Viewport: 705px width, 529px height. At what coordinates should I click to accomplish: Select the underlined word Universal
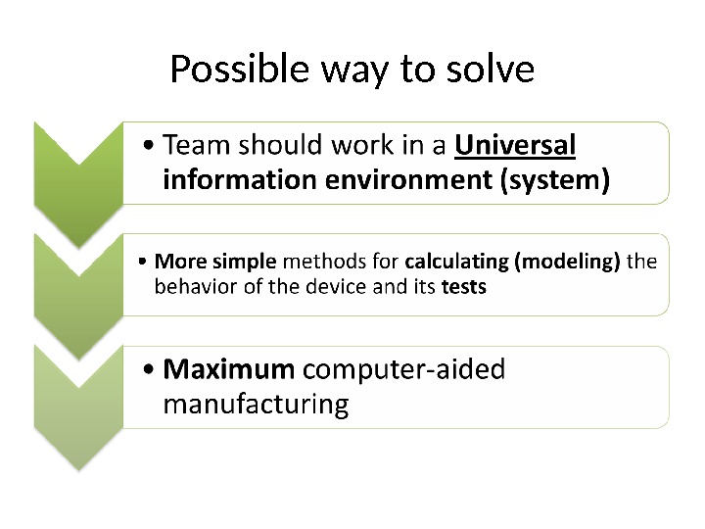516,146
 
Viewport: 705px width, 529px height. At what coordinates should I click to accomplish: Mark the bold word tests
464,289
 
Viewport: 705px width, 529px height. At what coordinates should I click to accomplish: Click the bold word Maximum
228,369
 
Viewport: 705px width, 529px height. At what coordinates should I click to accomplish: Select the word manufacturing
256,404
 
